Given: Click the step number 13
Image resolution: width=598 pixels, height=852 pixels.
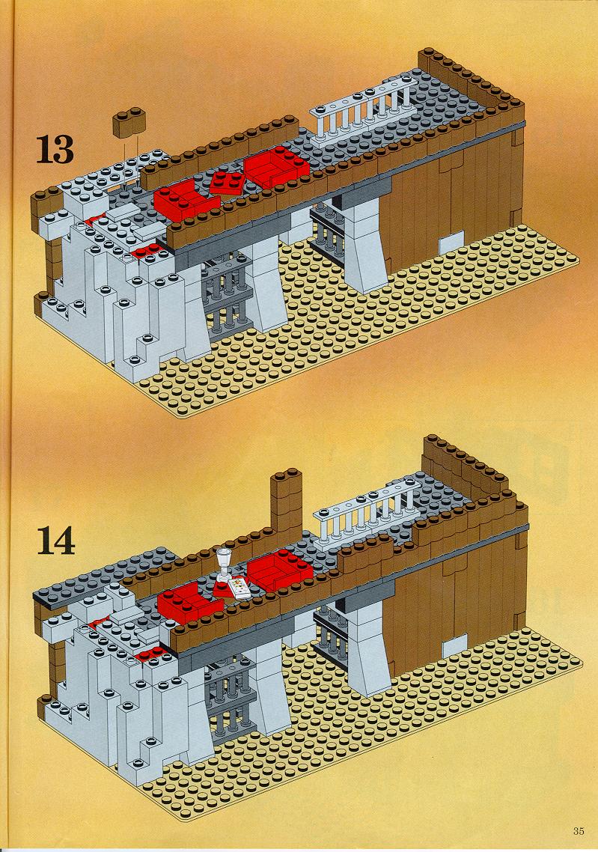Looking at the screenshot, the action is point(55,150).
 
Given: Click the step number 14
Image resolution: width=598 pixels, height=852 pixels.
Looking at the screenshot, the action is point(56,541).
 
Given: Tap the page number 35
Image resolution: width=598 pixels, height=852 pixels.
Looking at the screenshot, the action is point(578,831).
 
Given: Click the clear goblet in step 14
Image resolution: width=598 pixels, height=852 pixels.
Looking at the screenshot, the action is point(223,565).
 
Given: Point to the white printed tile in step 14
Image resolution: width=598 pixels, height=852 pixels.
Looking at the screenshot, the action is point(239,589).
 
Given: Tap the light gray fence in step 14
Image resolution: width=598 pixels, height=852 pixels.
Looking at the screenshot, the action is point(369,511).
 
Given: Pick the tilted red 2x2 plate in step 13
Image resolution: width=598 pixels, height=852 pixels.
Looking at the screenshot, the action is point(226,183).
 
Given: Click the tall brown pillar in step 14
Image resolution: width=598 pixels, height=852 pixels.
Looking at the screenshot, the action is point(286,501).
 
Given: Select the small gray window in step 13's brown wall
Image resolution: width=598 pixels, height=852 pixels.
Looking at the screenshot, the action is point(451,242).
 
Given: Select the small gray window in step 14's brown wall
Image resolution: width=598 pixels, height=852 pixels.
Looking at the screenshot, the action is point(454,647).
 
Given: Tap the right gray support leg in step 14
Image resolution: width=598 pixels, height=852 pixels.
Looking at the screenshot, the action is point(367,649).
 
